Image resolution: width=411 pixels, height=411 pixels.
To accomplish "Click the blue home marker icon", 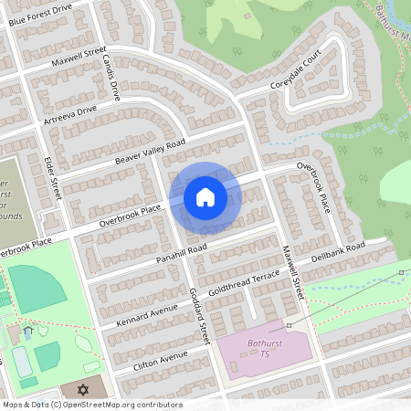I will (x=205, y=196).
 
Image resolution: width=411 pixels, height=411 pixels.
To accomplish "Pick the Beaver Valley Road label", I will (x=150, y=153).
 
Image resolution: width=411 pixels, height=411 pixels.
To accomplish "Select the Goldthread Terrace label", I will (x=243, y=283).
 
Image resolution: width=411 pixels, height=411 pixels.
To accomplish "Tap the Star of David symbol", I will (x=84, y=390).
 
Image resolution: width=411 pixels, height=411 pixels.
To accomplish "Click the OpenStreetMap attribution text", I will (x=91, y=404).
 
